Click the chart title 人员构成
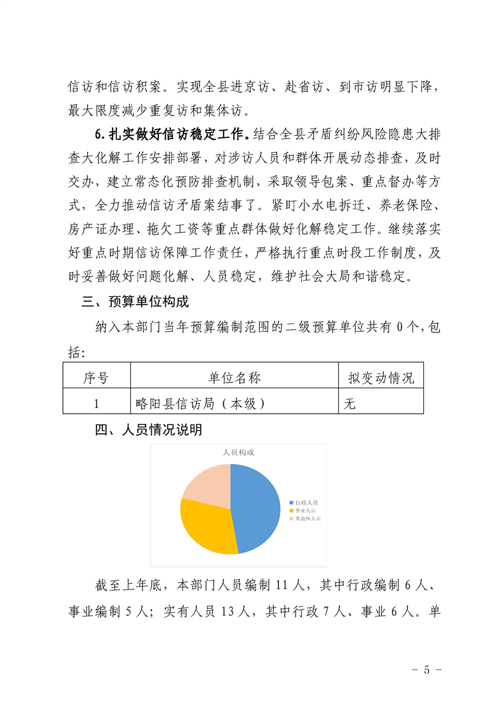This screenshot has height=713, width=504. [x=238, y=452]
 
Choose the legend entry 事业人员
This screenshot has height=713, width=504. [x=306, y=510]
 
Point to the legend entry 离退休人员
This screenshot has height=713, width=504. [x=308, y=519]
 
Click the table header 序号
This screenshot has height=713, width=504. [x=96, y=378]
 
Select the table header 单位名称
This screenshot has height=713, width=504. [x=234, y=378]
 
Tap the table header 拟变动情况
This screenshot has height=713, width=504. [x=381, y=378]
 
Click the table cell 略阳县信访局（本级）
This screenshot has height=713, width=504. [x=200, y=403]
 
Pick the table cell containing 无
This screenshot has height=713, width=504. [x=350, y=403]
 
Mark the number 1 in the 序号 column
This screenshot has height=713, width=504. [x=96, y=403]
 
